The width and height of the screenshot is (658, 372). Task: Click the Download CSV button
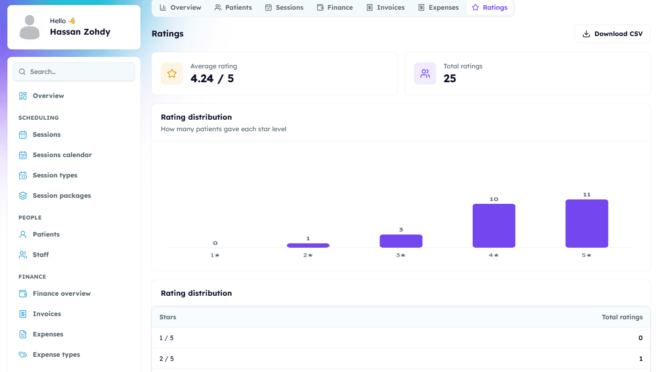point(612,34)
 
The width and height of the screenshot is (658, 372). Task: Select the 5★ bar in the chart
point(587,223)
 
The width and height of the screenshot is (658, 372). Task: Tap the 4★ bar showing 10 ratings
point(494,226)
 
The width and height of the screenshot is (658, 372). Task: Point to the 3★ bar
point(401,241)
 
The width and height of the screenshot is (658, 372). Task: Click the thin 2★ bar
point(308,245)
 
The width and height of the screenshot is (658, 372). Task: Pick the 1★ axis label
point(215,255)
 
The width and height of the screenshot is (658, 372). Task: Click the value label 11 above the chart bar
point(587,195)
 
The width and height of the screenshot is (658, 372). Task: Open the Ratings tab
point(490,7)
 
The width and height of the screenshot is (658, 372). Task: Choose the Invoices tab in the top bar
point(385,7)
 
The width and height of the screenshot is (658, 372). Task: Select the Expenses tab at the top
point(438,7)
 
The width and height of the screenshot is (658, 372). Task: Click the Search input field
point(74,72)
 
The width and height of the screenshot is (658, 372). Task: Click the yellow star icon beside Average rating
point(172,73)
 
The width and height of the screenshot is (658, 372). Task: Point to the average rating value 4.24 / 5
point(212,79)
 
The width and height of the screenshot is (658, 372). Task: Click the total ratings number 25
point(450,79)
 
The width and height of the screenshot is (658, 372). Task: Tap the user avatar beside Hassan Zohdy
point(30,27)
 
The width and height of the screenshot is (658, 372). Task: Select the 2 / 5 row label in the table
point(166,359)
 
